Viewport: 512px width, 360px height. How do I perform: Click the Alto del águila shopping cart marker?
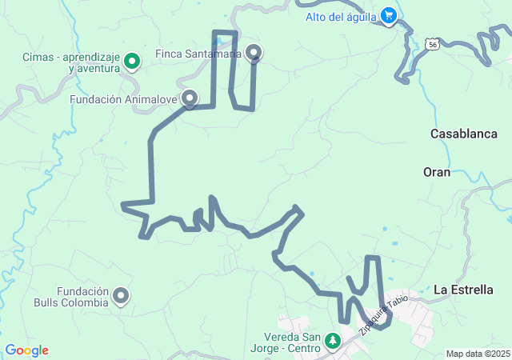[x=389, y=16]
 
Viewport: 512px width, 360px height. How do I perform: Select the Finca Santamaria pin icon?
[x=254, y=53]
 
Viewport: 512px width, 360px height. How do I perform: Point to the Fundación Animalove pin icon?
[x=190, y=98]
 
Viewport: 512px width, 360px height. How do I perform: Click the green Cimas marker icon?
[x=133, y=58]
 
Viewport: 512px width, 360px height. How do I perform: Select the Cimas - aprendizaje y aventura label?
[x=70, y=63]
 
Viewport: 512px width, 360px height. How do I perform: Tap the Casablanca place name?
[x=464, y=134]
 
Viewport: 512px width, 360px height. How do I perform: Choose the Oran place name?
[x=437, y=172]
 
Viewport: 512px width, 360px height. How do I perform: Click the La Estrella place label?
[x=464, y=290]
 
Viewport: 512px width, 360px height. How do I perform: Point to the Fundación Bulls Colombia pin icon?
[x=122, y=296]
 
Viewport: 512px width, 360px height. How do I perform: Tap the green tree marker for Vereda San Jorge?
[x=331, y=342]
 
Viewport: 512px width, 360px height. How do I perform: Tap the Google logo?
[x=26, y=350]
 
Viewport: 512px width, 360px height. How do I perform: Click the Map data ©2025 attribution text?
[x=478, y=354]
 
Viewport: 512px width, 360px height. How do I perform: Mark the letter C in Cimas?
[x=26, y=58]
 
